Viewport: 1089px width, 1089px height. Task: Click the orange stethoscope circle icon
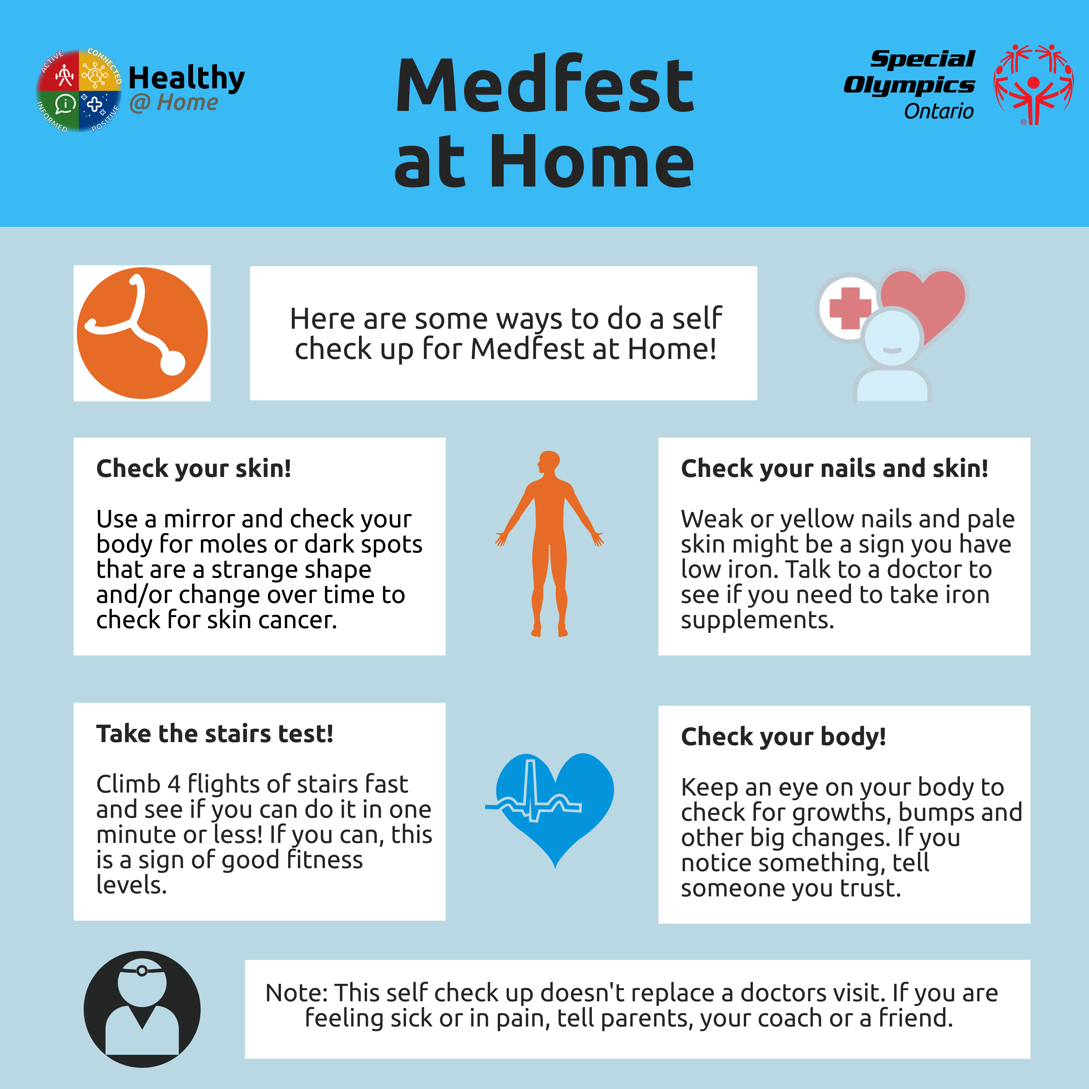(x=142, y=333)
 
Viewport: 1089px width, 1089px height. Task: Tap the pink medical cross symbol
(x=850, y=308)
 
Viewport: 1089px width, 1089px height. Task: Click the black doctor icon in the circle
(x=142, y=1009)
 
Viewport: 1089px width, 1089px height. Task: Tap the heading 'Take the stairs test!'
(x=215, y=734)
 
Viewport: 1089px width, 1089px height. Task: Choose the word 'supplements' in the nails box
(x=757, y=620)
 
